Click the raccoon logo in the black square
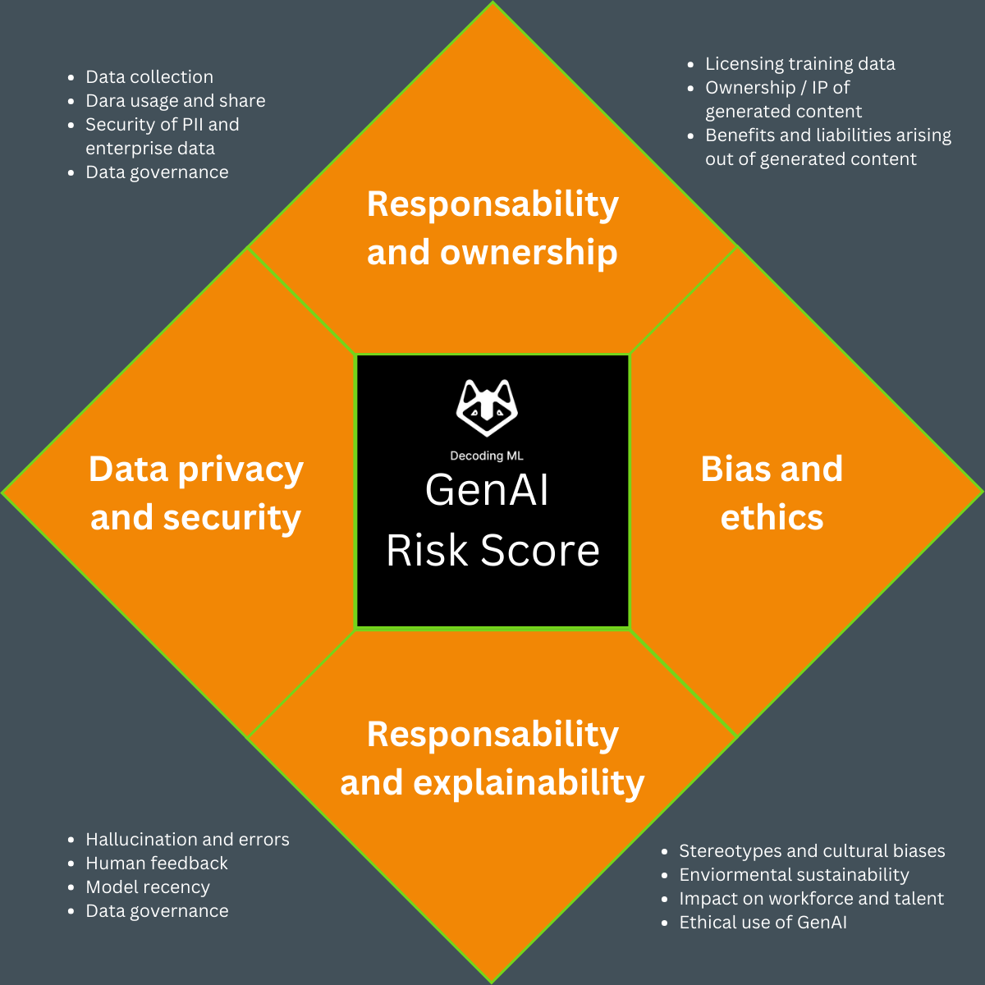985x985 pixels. [x=487, y=408]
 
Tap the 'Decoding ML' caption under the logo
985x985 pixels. [x=487, y=456]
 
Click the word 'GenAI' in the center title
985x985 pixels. [x=487, y=491]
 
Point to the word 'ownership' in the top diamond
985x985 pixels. [x=529, y=253]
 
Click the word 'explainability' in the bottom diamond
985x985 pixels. [x=529, y=783]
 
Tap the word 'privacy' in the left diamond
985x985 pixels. [x=241, y=470]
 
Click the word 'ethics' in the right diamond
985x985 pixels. [x=772, y=518]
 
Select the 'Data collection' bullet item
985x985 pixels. [x=149, y=77]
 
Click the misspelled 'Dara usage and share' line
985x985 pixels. [x=176, y=101]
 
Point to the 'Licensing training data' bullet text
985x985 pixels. [x=800, y=64]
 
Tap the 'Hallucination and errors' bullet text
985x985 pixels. [x=187, y=840]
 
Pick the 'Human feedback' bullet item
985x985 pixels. [x=157, y=864]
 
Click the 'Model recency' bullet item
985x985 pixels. [x=148, y=887]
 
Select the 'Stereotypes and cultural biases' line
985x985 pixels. [x=812, y=851]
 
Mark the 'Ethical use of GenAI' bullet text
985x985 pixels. [x=763, y=923]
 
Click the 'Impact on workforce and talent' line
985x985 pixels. [x=811, y=899]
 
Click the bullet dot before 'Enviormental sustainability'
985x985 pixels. [x=665, y=876]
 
